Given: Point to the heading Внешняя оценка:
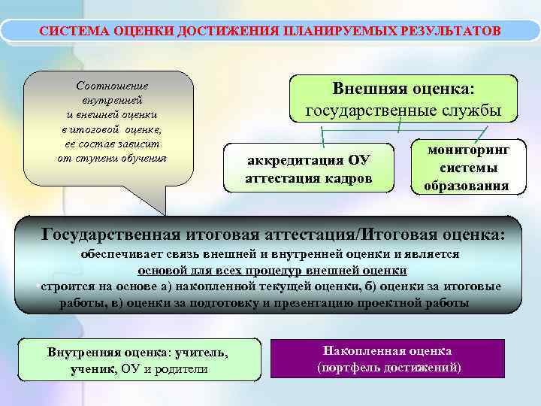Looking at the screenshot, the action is [x=403, y=89].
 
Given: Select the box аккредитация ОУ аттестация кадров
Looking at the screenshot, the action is [x=309, y=169].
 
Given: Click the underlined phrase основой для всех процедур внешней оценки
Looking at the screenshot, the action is [x=272, y=271].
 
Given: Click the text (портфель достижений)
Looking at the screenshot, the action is [x=388, y=368].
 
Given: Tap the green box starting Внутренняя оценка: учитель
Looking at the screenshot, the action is [x=138, y=361].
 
